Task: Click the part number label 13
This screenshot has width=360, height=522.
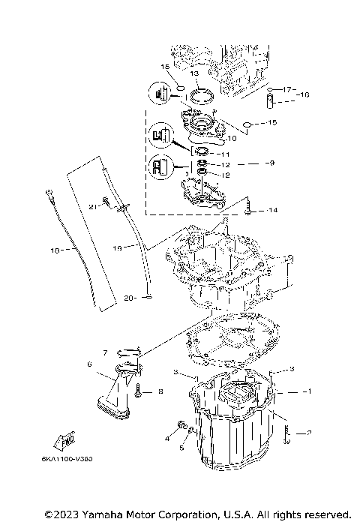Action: click(193, 74)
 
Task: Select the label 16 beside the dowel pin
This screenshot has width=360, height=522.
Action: click(304, 95)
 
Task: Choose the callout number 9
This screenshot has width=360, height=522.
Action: click(271, 162)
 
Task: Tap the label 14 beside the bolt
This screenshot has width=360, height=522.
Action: click(271, 211)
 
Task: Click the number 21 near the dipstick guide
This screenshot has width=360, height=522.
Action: click(93, 206)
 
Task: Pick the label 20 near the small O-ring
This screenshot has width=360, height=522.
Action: click(128, 298)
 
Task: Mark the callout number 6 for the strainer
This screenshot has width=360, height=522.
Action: click(89, 364)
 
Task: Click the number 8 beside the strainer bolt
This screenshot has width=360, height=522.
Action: click(160, 391)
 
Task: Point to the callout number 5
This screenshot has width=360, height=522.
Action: click(181, 448)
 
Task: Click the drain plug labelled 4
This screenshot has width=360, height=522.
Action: click(181, 427)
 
